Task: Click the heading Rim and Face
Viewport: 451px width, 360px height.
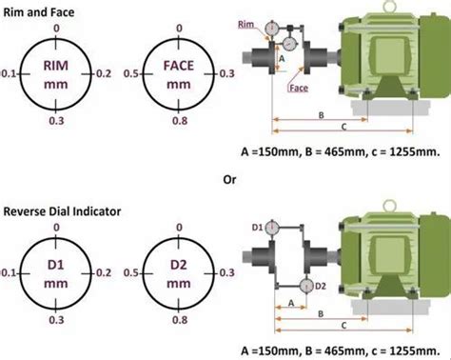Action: (x=39, y=12)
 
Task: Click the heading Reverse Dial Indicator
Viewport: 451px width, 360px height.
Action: (x=62, y=211)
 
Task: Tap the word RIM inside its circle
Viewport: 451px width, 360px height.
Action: (x=56, y=66)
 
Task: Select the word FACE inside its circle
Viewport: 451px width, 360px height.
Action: (x=179, y=66)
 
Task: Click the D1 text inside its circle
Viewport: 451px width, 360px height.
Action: (x=56, y=265)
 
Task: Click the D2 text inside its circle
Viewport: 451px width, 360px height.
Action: (x=179, y=265)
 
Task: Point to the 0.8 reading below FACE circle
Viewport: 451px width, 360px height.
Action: (x=180, y=121)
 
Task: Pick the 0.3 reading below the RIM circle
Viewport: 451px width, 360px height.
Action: (x=56, y=121)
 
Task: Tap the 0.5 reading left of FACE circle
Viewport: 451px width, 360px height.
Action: (x=131, y=73)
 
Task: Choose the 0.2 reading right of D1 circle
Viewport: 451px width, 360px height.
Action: (x=104, y=272)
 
